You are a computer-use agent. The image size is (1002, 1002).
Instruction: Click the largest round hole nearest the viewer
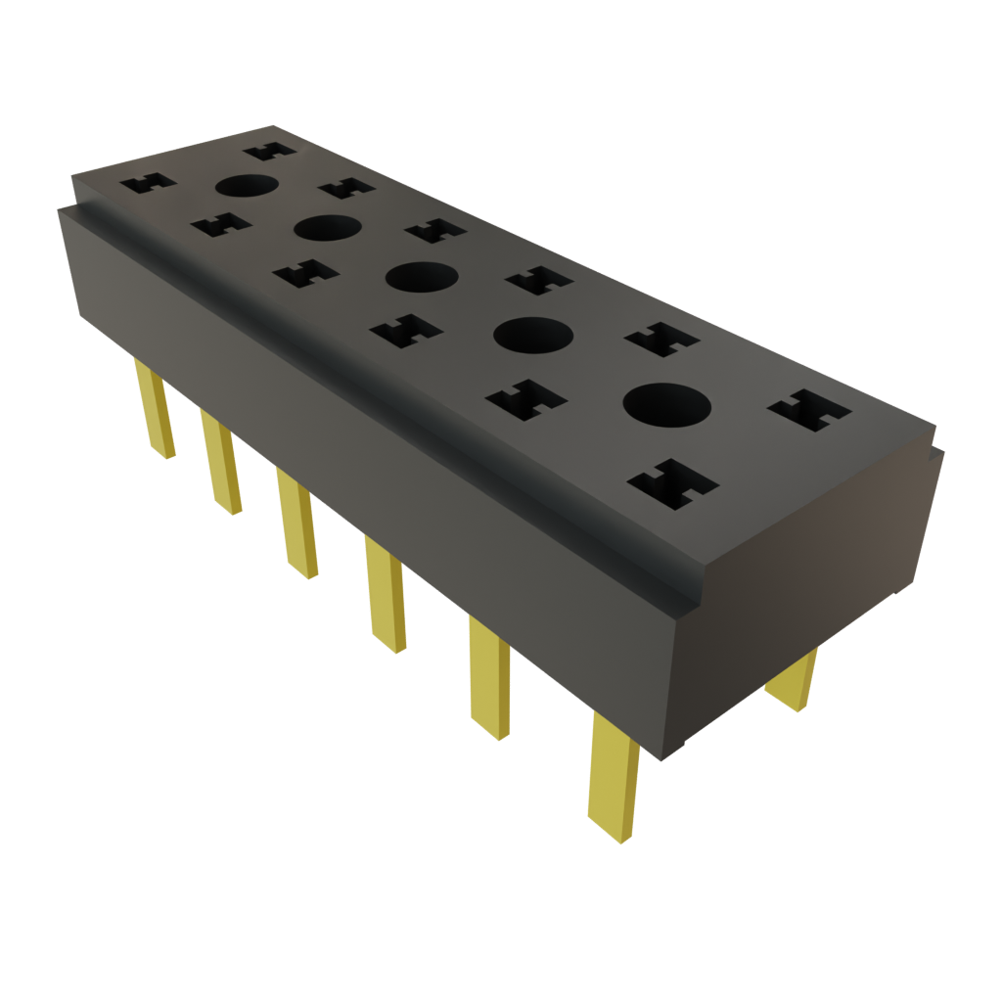665,404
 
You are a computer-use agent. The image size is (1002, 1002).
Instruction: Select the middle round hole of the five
422,276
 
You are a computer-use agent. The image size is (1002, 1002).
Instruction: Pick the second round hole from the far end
327,228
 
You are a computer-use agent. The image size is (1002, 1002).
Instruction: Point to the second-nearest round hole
532,336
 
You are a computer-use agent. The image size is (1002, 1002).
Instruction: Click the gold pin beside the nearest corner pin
489,677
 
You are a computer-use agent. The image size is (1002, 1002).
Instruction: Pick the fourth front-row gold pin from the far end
386,593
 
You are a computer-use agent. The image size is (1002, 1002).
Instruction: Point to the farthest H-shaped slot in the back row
269,151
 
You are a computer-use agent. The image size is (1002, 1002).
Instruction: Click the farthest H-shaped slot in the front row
146,183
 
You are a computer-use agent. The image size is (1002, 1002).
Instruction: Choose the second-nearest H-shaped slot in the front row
526,399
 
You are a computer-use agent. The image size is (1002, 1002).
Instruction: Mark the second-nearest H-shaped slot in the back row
662,340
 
